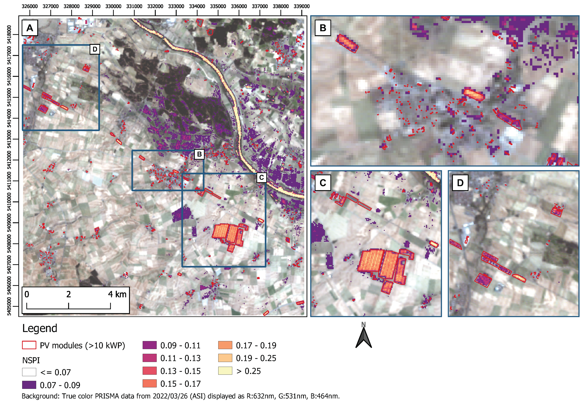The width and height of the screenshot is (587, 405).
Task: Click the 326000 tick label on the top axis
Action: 30,6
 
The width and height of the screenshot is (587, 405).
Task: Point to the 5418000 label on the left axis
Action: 9,35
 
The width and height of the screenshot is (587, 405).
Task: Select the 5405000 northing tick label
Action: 9,306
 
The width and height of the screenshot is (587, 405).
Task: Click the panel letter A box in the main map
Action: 30,28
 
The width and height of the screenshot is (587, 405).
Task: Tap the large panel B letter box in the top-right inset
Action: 323,28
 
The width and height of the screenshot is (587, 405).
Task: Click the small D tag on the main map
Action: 95,49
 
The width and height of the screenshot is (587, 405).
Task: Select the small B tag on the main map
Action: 199,154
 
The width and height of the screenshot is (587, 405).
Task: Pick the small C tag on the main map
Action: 261,177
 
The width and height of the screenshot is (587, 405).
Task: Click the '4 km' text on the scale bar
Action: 117,294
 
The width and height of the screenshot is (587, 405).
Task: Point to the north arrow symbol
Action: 364,337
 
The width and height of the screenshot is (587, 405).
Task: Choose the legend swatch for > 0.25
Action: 225,371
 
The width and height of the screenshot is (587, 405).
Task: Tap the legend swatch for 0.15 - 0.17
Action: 150,384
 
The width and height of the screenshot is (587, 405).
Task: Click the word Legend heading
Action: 40,328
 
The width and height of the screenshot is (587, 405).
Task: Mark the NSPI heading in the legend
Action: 31,360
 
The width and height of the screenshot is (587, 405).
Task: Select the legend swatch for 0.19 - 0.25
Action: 225,358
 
